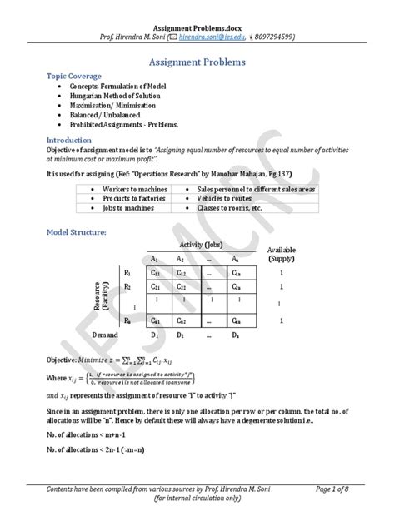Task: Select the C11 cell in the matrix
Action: click(x=157, y=272)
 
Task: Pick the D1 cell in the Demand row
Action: click(x=157, y=335)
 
